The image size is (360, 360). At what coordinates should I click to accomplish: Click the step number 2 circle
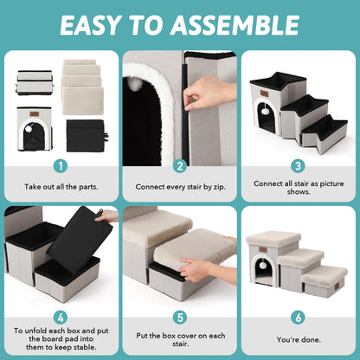pyautogui.click(x=180, y=165)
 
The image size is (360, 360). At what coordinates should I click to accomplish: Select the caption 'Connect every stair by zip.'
pyautogui.click(x=180, y=186)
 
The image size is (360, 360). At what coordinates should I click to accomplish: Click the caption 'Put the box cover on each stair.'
pyautogui.click(x=180, y=340)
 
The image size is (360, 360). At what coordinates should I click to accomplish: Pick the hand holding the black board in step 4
pyautogui.click(x=107, y=216)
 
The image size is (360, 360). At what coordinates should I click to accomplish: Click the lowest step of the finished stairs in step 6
pyautogui.click(x=325, y=278)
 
